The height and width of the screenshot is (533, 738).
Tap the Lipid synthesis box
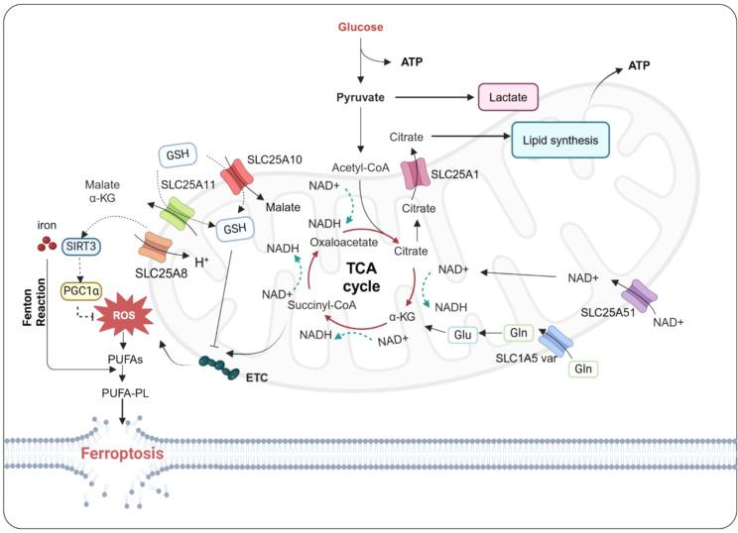pos(561,141)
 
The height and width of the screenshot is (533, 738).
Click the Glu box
pos(462,334)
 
